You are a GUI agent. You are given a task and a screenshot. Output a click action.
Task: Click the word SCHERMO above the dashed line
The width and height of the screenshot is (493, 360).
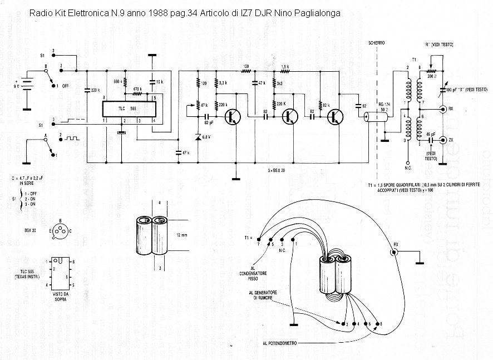(x=370, y=43)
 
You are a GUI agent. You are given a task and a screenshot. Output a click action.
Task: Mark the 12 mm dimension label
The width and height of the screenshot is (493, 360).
(x=181, y=235)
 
